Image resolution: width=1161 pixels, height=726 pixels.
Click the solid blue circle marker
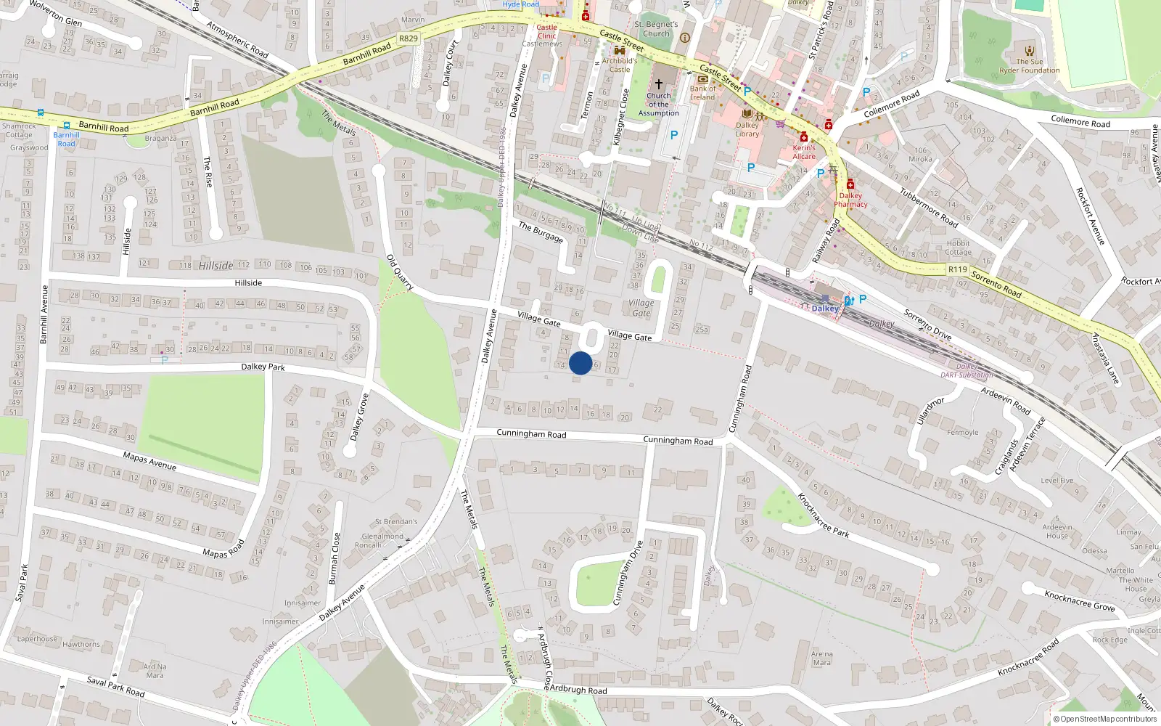[580, 363]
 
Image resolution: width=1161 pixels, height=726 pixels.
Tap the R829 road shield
[409, 38]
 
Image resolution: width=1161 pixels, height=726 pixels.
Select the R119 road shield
[958, 269]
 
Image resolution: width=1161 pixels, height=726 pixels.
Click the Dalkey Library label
[747, 129]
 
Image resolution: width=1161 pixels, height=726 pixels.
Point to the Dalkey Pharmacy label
[850, 200]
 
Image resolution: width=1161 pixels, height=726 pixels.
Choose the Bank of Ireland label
[702, 93]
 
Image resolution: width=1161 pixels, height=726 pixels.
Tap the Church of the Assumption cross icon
[659, 84]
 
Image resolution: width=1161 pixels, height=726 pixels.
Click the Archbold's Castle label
[620, 65]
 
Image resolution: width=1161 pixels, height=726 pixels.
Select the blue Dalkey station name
[825, 309]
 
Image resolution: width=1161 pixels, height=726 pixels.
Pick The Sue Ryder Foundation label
[1029, 66]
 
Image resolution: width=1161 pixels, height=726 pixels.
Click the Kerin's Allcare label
[804, 152]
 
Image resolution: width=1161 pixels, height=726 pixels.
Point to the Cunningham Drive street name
[628, 573]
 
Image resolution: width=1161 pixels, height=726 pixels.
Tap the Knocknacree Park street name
[823, 515]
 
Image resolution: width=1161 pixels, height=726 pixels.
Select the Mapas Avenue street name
[149, 461]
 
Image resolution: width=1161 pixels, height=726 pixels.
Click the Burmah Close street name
[335, 558]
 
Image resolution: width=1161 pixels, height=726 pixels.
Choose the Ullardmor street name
[930, 410]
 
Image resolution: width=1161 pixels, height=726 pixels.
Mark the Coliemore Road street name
[1080, 121]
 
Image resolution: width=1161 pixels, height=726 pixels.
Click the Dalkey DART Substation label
[967, 371]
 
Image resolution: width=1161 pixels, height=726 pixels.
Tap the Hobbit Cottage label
[958, 248]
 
